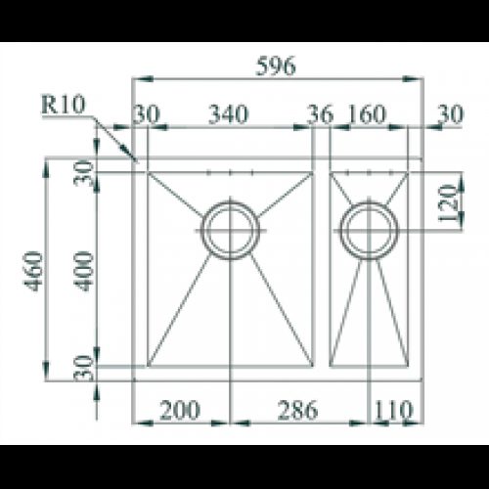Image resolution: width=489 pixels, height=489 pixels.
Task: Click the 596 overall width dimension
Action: coord(276,66)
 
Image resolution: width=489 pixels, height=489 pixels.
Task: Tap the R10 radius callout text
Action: coord(64,105)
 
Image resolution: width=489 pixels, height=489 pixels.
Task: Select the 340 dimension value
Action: coord(229,114)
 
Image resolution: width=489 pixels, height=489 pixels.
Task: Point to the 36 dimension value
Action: coord(321,114)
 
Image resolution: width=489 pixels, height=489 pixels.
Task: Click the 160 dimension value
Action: coord(367,114)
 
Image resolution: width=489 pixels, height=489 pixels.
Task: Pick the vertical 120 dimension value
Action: coord(448,202)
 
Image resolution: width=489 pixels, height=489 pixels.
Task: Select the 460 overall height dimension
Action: coord(33,271)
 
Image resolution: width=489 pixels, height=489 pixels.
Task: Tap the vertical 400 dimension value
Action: coord(83,271)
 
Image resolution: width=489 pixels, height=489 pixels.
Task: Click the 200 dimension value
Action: coord(180,410)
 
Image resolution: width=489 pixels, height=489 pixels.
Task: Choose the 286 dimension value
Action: coord(297,410)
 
